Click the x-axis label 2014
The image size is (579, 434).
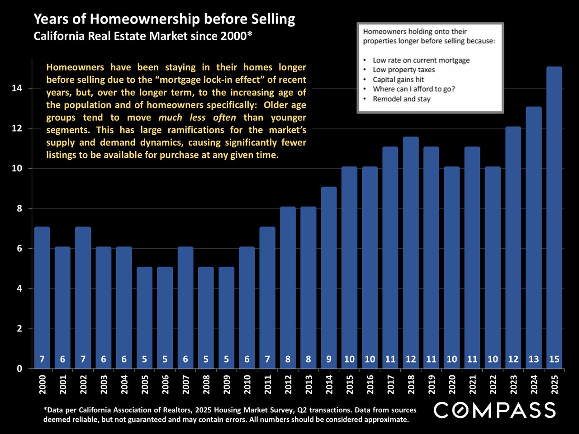(329, 384)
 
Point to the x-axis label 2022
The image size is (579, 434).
(493, 384)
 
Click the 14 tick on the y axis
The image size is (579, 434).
(17, 88)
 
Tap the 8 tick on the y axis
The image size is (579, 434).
(19, 208)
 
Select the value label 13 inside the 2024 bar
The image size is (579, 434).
(534, 359)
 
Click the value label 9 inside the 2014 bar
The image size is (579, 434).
(329, 359)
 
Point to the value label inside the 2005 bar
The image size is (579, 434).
(144, 359)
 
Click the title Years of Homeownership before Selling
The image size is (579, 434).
(164, 19)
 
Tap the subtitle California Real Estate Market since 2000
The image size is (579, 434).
(143, 36)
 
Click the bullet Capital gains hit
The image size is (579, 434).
(398, 80)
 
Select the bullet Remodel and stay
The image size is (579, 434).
(401, 99)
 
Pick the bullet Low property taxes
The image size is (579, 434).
(403, 70)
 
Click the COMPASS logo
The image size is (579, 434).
(494, 410)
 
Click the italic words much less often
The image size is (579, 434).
(197, 118)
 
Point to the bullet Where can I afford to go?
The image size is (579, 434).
(413, 89)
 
